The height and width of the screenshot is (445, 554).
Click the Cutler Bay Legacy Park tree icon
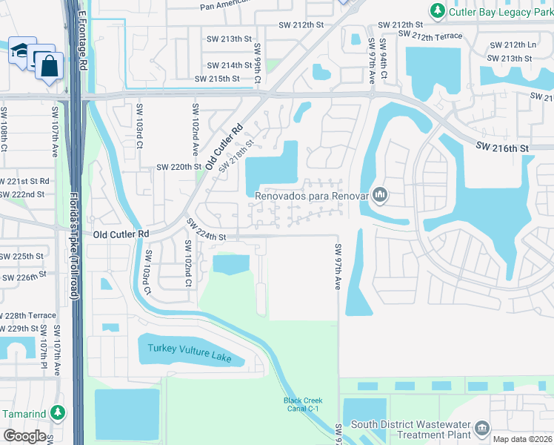(x=438, y=11)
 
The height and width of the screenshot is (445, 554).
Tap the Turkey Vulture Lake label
(x=190, y=354)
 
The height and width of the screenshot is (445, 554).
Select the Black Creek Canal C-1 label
(x=301, y=404)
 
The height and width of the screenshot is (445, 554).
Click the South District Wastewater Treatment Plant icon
(x=482, y=429)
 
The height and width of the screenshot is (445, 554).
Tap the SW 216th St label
(x=502, y=148)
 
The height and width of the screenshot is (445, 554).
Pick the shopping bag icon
(x=49, y=65)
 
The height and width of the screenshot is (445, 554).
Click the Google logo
(x=24, y=436)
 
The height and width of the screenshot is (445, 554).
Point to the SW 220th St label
(x=178, y=167)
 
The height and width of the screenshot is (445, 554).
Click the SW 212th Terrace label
(x=430, y=35)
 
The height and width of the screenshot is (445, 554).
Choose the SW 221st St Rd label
(x=24, y=181)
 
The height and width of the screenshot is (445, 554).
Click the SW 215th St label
(x=217, y=79)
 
